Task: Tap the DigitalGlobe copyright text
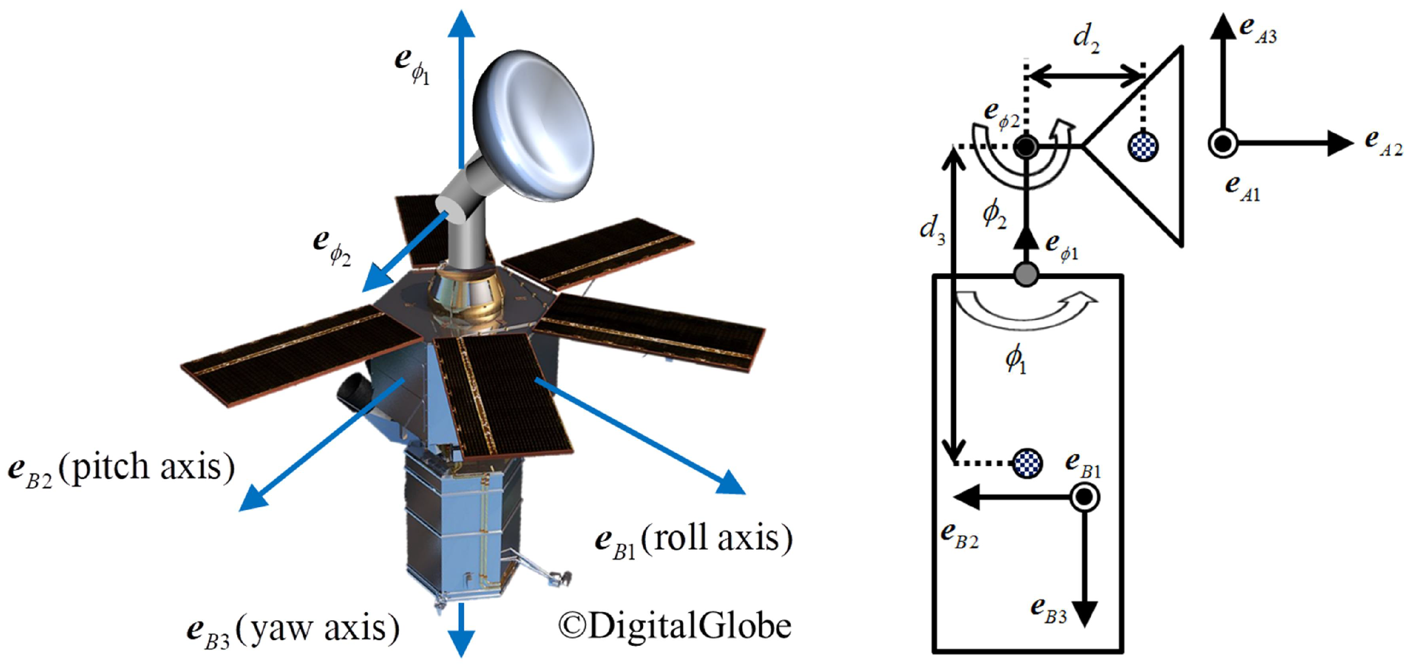[x=674, y=625]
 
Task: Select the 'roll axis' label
[x=717, y=539]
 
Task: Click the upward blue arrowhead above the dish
[x=461, y=24]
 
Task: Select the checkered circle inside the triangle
[x=1143, y=146]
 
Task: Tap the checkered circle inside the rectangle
[x=1027, y=464]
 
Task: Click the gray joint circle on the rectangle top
[x=1026, y=274]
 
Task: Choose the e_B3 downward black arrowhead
[x=1085, y=613]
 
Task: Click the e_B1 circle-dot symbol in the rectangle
[x=1085, y=497]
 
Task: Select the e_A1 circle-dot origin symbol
[x=1223, y=144]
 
